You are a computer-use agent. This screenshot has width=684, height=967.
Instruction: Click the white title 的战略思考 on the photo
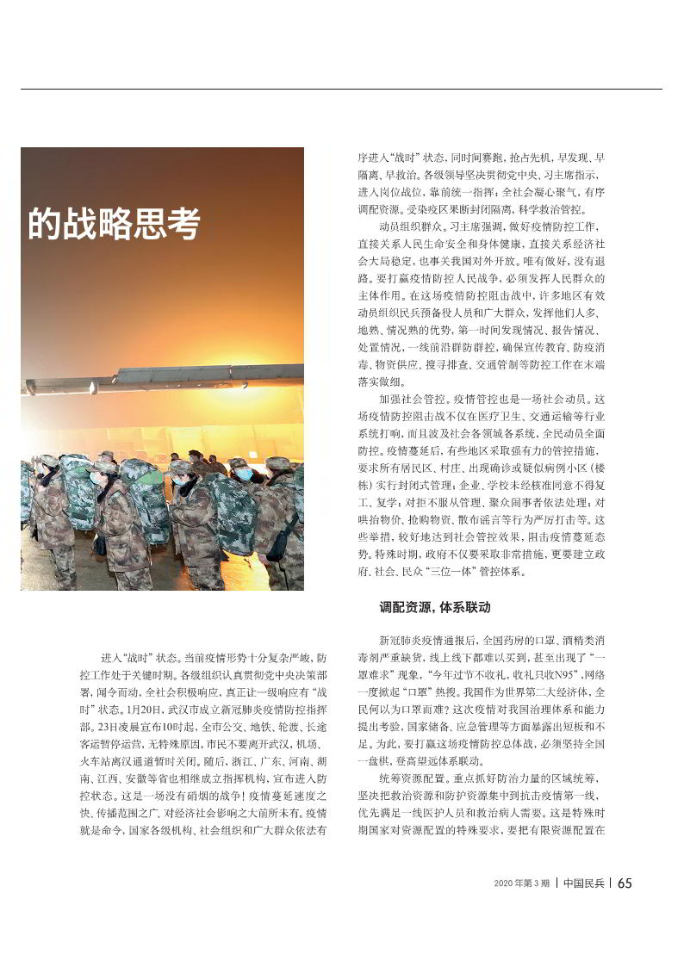coord(114,222)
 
